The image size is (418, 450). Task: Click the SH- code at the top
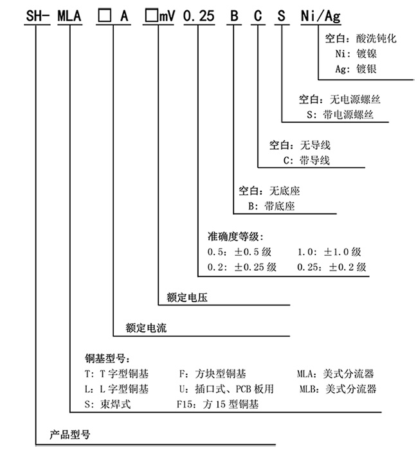[x=37, y=15]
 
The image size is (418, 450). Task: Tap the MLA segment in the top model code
[x=69, y=15]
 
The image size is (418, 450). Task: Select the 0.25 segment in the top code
[x=199, y=15]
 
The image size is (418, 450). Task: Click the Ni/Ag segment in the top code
[x=321, y=16]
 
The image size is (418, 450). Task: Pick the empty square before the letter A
[x=104, y=15]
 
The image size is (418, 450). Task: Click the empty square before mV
[x=151, y=15]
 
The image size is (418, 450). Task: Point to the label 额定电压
[x=187, y=297]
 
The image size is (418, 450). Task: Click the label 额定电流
[x=146, y=328]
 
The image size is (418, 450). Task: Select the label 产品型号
[x=69, y=435]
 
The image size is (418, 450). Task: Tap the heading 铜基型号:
[x=107, y=359]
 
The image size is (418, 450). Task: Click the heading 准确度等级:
[x=235, y=237]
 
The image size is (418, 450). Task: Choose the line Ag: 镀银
[x=356, y=69]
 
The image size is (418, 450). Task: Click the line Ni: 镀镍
[x=356, y=53]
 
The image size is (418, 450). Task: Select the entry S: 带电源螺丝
[x=340, y=114]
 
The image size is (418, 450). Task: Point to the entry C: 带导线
[x=307, y=160]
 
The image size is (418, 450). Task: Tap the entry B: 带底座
[x=271, y=206]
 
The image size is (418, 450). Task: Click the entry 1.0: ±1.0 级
[x=329, y=252]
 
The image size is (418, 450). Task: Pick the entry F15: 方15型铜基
[x=217, y=404]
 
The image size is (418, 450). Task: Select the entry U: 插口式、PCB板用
[x=226, y=389]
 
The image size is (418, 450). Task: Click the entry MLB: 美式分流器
[x=338, y=389]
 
